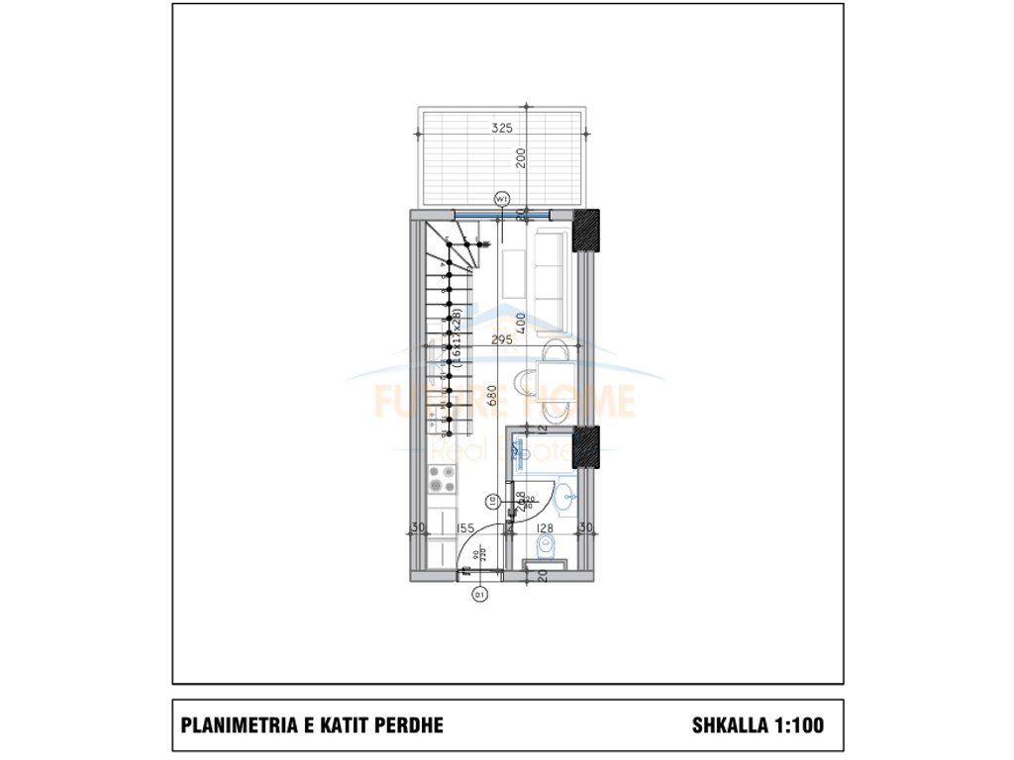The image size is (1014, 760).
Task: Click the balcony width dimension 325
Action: point(503,129)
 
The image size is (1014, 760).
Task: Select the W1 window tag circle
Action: point(502,198)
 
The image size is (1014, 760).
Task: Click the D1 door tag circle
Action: point(480,595)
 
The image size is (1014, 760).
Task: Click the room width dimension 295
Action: point(502,340)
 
